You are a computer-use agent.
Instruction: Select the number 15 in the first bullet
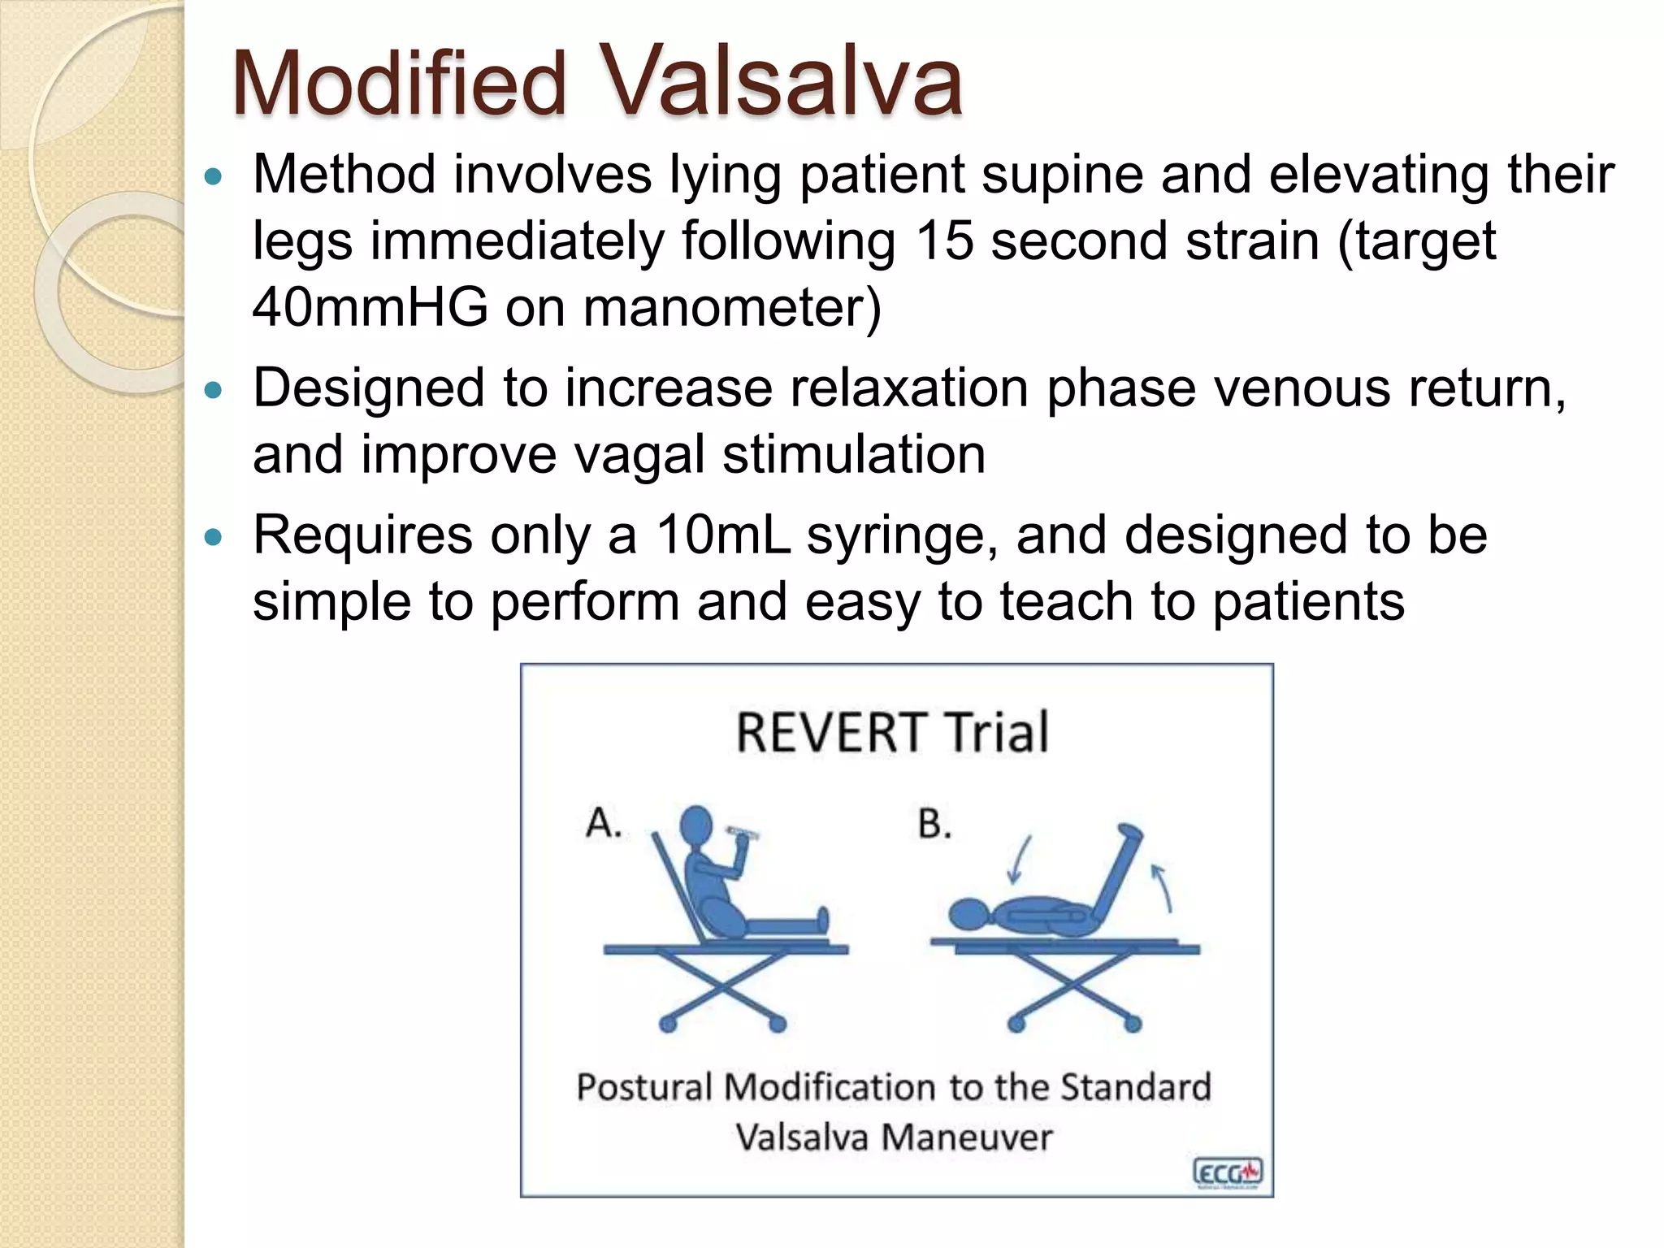pos(944,241)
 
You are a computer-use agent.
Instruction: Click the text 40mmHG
pos(370,308)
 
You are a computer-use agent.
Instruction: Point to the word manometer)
pos(731,308)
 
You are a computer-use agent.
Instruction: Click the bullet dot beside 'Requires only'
pos(213,538)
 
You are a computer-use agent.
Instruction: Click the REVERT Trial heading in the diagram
pos(891,732)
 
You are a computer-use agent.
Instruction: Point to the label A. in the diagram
pos(604,823)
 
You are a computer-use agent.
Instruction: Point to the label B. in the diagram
pos(934,824)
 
